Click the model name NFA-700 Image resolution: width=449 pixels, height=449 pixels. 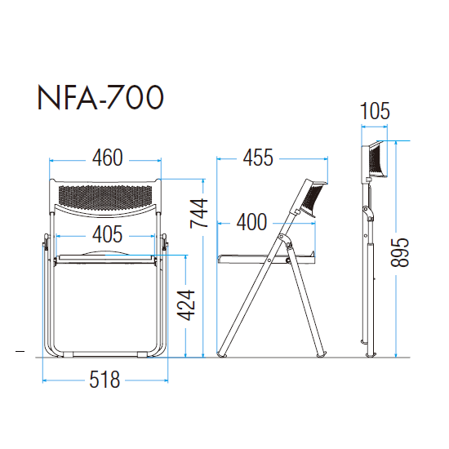coord(100,97)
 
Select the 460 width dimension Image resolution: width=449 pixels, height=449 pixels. coord(108,158)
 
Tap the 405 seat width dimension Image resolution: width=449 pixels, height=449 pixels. coord(107,234)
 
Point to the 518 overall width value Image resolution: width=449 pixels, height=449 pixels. coord(104,380)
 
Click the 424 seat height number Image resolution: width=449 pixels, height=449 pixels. coord(186,305)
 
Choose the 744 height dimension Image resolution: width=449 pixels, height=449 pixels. coord(199,213)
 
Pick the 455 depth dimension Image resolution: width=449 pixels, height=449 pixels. coord(258,158)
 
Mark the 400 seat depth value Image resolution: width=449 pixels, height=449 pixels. coord(251,222)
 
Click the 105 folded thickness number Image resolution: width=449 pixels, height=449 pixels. coord(375,111)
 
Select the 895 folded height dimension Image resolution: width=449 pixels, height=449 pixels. coord(400,252)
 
